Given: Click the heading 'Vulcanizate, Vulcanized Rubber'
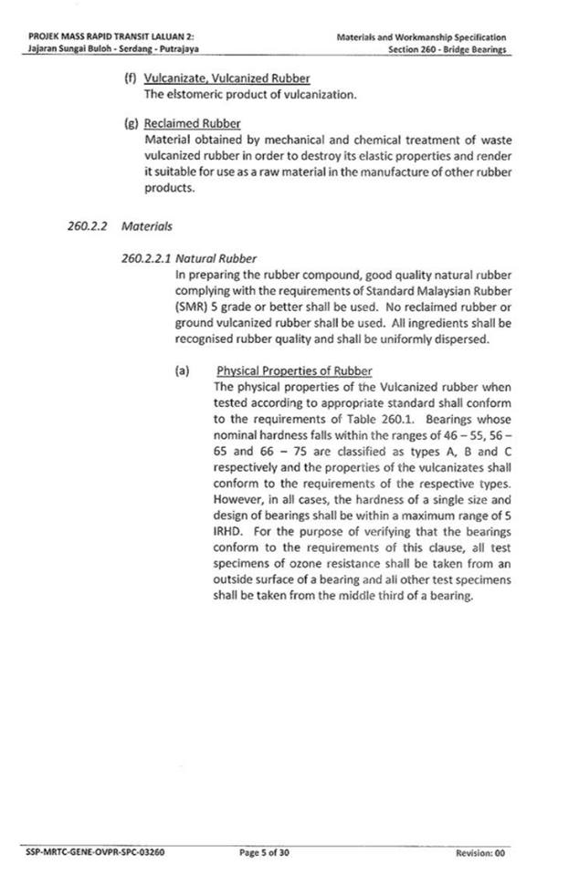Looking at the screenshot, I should (227, 78).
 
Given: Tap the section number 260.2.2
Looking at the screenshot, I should (89, 224).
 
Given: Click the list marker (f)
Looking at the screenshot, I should (129, 78).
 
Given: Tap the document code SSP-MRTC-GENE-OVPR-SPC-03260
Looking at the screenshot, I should (91, 852).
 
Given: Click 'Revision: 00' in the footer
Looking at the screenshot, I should (479, 852).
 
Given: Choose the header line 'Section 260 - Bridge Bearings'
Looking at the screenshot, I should (447, 48).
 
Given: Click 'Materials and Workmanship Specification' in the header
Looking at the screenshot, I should (421, 36).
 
